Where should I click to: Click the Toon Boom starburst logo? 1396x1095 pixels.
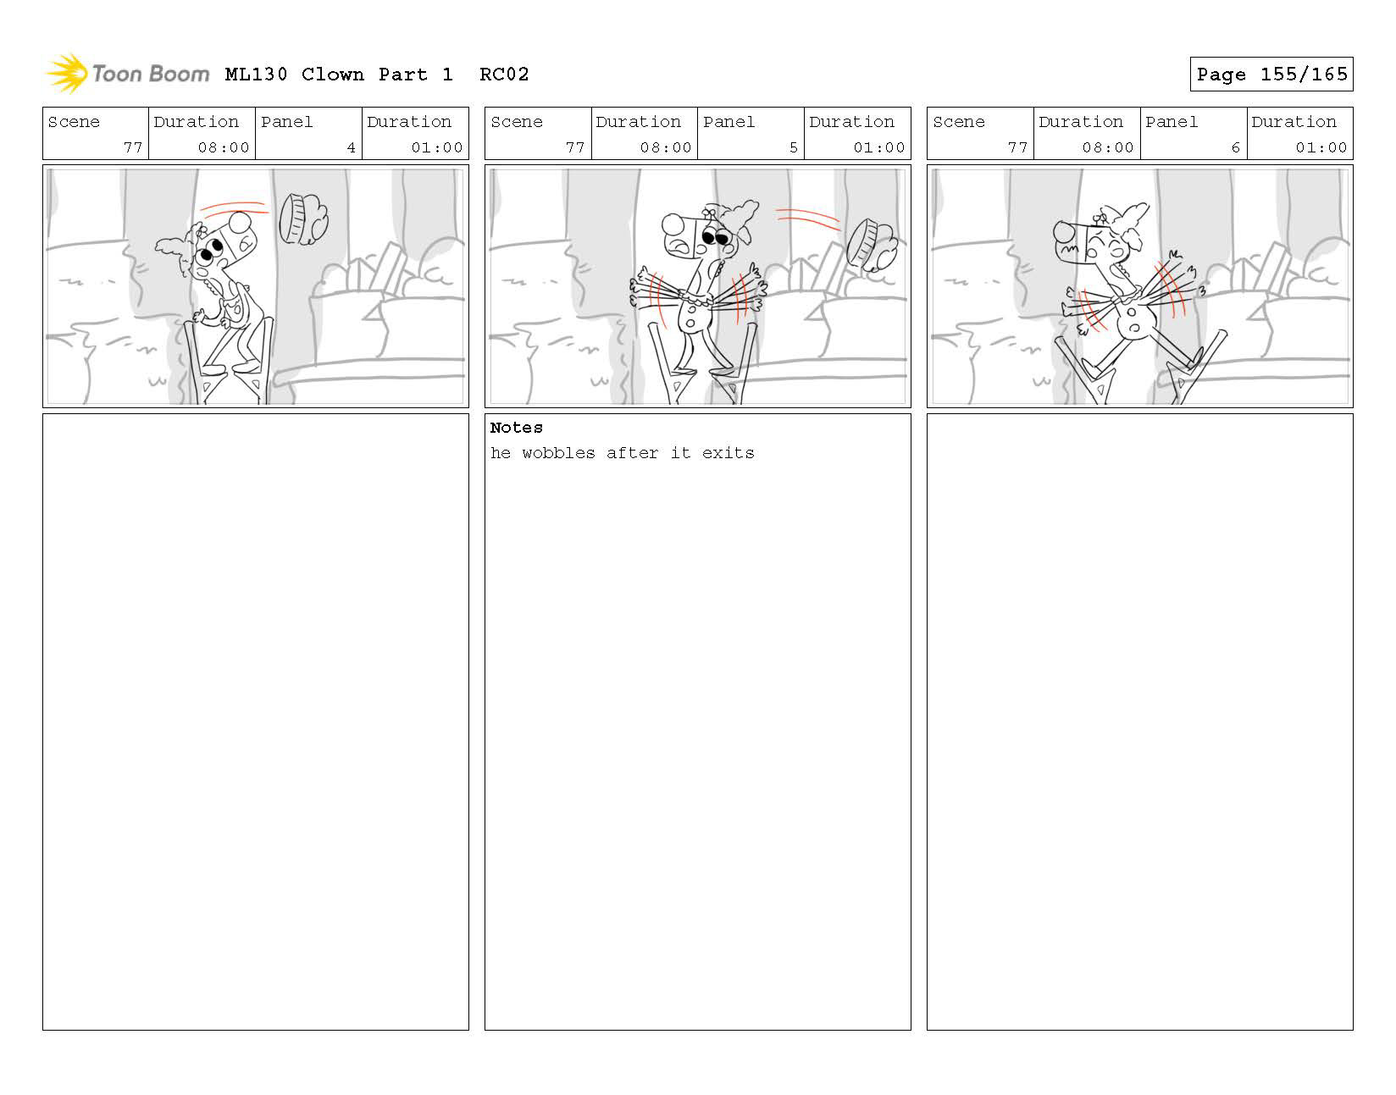coord(67,73)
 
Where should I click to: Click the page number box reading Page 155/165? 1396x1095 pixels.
coord(1271,74)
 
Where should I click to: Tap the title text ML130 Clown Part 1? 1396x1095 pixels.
coord(339,74)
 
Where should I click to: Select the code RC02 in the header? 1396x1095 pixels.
coord(504,74)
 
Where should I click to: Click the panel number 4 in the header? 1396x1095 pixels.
coord(351,147)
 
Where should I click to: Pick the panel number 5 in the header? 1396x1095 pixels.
coord(794,147)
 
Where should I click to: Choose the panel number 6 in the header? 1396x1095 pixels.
coord(1235,147)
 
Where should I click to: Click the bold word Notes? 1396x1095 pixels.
coord(516,427)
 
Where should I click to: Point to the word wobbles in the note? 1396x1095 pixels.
coord(558,453)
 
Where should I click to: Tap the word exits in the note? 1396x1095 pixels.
coord(728,453)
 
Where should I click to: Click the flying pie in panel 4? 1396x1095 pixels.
coord(303,219)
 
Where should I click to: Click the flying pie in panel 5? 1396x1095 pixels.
coord(871,246)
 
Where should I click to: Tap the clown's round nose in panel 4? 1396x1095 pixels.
coord(240,222)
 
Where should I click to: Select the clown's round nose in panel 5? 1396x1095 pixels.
coord(673,224)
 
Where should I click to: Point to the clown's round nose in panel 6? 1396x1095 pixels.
coord(1064,231)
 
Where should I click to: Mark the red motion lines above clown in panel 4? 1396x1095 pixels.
coord(234,207)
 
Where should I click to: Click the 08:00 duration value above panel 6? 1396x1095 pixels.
coord(1107,147)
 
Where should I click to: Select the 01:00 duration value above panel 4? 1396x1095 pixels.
coord(437,147)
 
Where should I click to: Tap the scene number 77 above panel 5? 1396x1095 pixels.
coord(575,147)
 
